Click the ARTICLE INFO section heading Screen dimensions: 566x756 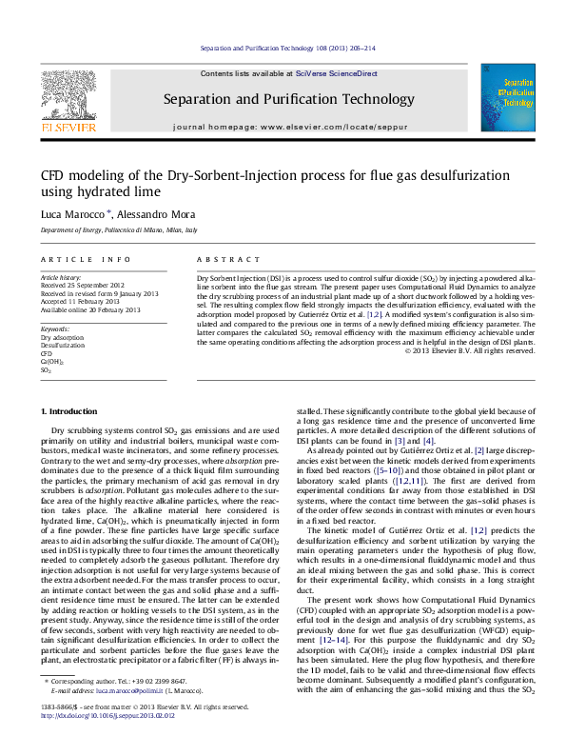(x=85, y=259)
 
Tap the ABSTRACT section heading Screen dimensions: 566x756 (x=223, y=259)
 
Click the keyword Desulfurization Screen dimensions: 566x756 (x=61, y=345)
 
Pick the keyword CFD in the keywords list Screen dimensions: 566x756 (x=47, y=353)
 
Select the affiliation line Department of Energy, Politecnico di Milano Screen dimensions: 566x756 (x=118, y=230)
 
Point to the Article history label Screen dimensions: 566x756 (x=59, y=276)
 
